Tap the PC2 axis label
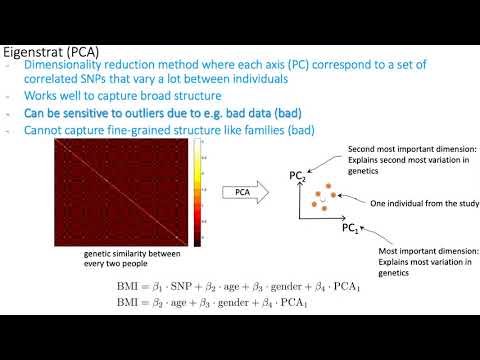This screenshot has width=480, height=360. pos(297,178)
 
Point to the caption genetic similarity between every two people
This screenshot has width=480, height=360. pos(129,259)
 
